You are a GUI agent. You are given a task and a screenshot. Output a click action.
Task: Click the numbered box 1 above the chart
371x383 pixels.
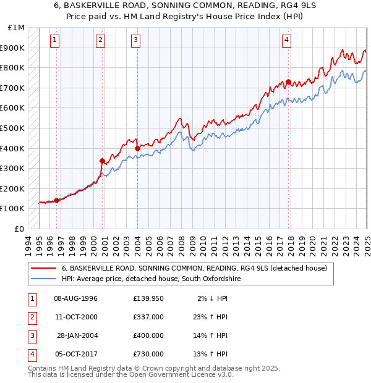(x=55, y=41)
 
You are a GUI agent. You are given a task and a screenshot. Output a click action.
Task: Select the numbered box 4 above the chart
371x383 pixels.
(x=287, y=41)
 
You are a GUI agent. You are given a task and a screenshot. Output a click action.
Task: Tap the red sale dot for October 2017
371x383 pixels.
(x=289, y=82)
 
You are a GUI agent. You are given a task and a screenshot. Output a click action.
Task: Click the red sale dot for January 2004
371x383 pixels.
(x=137, y=148)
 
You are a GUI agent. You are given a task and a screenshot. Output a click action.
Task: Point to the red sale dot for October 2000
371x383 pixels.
(x=102, y=161)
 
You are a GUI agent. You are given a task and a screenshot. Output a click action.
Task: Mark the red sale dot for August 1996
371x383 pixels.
(x=56, y=200)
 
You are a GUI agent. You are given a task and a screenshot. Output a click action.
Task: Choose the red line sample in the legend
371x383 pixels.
(x=44, y=268)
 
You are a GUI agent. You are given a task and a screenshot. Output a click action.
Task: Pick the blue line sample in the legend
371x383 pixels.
(x=44, y=279)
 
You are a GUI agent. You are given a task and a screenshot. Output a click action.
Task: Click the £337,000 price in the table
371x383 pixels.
(x=148, y=317)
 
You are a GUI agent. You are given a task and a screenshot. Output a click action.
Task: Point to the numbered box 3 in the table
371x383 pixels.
(x=32, y=335)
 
